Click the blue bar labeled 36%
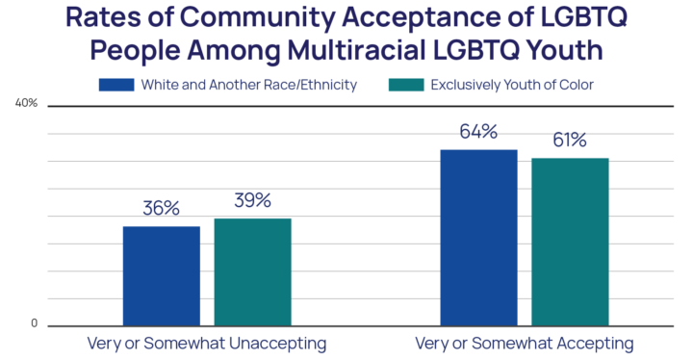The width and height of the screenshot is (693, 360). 161,275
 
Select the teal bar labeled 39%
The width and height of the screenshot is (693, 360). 252,271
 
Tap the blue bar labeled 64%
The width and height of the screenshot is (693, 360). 478,237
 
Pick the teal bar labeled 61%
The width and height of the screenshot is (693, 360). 570,241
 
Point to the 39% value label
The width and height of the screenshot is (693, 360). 252,200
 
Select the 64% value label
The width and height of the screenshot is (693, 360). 478,132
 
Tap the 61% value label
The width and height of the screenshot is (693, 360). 570,141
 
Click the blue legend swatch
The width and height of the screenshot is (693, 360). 115,85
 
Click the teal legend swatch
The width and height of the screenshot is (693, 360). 404,85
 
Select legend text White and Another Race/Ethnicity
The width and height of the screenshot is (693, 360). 248,85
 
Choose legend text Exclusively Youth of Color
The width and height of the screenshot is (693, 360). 512,85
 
